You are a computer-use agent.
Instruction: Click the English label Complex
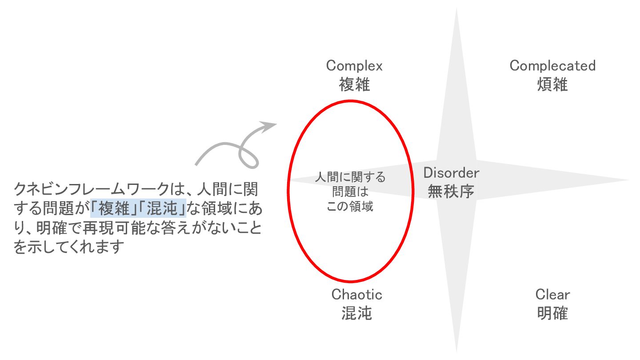[x=354, y=66]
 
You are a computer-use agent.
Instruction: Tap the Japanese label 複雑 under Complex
[x=354, y=84]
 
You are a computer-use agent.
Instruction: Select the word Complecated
[x=552, y=66]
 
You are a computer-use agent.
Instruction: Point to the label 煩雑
[x=552, y=84]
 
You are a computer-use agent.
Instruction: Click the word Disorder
[x=451, y=172]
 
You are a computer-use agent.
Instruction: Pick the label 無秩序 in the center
[x=451, y=192]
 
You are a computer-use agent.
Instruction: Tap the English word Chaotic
[x=356, y=294]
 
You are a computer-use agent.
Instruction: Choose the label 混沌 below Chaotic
[x=356, y=313]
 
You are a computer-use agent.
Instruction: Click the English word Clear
[x=552, y=294]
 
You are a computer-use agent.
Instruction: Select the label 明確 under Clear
[x=552, y=313]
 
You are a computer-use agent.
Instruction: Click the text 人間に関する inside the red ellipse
[x=351, y=178]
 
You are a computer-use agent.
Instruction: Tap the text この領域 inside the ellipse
[x=350, y=207]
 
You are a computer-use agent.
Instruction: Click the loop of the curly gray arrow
[x=249, y=154]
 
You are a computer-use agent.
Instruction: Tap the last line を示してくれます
[x=68, y=248]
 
